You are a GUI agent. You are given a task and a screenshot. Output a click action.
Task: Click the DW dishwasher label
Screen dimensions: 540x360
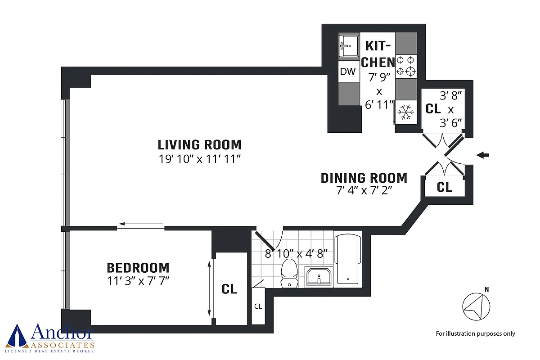(347, 72)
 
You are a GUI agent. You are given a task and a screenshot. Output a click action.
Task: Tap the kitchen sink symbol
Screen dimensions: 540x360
(349, 46)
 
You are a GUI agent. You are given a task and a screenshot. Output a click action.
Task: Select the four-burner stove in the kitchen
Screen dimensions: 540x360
(406, 66)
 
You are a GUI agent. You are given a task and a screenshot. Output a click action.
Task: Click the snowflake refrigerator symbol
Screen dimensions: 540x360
(406, 112)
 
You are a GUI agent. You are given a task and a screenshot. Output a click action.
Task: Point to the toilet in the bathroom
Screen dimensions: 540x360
(289, 273)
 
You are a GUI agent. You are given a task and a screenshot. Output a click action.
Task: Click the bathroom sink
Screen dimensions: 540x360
(319, 277)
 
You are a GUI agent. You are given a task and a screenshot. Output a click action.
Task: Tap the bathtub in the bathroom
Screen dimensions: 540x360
(347, 259)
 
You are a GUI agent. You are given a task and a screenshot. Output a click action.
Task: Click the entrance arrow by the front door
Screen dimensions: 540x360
(483, 155)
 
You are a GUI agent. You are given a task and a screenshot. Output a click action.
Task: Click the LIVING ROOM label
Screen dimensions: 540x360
(200, 145)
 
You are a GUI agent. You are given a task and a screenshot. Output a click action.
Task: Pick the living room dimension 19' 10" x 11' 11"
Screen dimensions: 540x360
(200, 159)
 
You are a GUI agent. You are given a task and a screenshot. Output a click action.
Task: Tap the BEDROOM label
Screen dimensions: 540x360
(138, 268)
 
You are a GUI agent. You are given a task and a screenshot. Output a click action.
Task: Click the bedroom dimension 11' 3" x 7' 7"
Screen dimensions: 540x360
(138, 281)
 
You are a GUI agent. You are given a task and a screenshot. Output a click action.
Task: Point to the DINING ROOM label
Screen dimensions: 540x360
(364, 178)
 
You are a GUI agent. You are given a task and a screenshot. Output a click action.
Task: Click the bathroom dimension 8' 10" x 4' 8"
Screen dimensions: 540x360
(296, 254)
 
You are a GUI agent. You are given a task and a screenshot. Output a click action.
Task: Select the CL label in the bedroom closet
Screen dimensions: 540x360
(229, 288)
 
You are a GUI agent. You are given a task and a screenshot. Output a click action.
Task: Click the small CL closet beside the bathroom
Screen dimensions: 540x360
(258, 306)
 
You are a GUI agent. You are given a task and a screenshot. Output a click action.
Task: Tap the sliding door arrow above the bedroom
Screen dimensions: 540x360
(141, 224)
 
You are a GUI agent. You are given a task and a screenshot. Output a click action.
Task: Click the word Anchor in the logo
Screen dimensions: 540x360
(62, 332)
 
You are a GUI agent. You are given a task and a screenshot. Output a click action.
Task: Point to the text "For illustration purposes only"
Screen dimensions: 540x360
(475, 334)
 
